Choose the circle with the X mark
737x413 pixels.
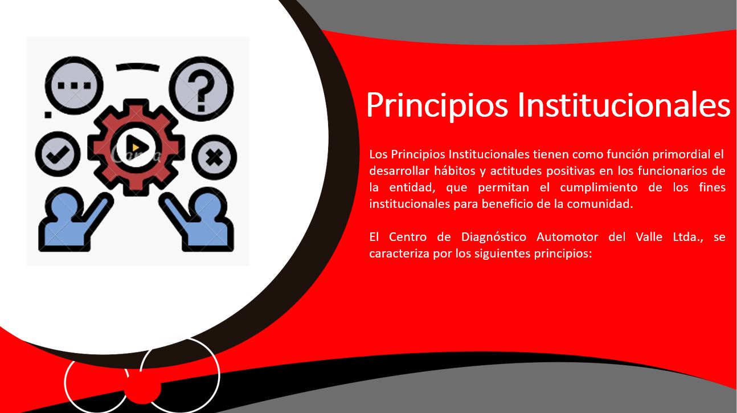[214, 157]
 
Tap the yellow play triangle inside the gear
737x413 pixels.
[136, 149]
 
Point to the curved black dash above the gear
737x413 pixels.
[137, 67]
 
